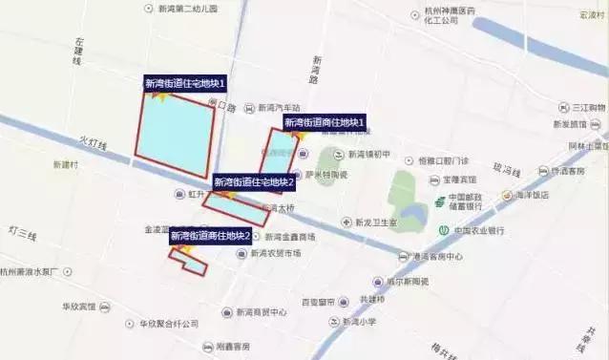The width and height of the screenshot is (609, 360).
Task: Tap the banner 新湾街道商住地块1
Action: click(x=325, y=123)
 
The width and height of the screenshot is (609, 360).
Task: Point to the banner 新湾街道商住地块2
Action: click(x=211, y=236)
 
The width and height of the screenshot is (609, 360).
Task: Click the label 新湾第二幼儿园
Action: click(x=188, y=8)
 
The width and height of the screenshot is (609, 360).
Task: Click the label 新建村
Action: click(x=66, y=164)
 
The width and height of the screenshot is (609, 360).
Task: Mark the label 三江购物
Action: click(x=589, y=108)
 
